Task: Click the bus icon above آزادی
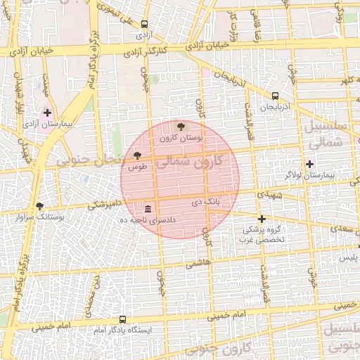144,23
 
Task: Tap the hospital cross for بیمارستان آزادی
47,112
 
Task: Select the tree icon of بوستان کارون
181,127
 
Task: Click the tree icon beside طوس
137,155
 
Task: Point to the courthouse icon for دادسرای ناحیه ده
148,209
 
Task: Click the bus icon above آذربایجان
274,96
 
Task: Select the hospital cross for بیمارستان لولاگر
309,163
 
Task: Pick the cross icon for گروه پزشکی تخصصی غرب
262,219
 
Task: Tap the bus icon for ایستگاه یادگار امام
123,319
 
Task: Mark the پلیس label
349,258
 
